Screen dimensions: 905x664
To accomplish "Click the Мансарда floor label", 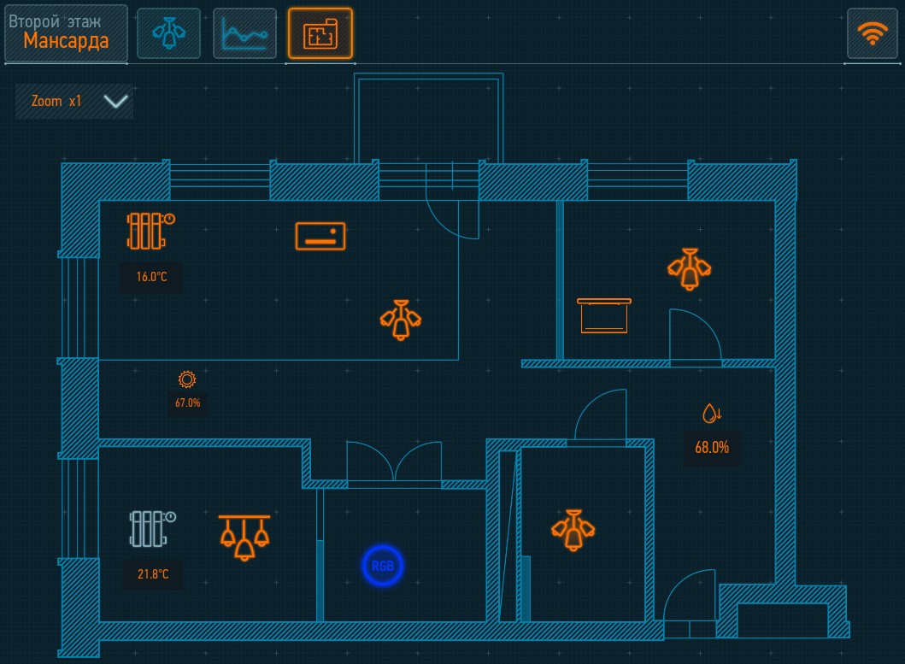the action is coord(66,41).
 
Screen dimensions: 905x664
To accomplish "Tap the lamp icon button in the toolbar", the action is coord(168,33).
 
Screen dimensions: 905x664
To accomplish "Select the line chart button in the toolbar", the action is coord(244,33).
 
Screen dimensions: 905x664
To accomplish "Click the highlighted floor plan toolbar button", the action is coord(320,33).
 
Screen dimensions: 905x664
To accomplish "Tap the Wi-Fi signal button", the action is coord(873,33).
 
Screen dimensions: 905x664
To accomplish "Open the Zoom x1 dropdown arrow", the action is coord(115,102).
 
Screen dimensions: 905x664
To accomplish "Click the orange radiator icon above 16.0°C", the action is coord(150,231).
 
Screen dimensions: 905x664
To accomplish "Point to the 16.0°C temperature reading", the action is coord(152,277).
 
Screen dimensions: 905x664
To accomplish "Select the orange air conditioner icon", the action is coord(320,236).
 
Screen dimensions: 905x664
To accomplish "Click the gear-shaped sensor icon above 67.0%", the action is coord(187,379).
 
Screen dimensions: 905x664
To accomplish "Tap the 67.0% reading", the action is coord(187,403).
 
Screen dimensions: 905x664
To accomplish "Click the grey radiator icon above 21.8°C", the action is coord(152,528).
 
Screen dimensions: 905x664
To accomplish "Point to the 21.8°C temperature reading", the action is coord(153,574).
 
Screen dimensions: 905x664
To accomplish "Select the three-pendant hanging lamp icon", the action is coord(244,538).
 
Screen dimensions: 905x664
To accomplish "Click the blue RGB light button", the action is coord(383,566).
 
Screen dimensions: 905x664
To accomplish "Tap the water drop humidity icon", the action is coord(712,414).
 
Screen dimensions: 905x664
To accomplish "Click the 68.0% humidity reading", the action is coord(712,448).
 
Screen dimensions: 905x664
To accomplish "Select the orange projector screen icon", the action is coord(603,316).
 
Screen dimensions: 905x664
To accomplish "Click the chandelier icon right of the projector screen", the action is coord(689,269).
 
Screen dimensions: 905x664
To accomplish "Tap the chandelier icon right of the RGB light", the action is coord(573,530).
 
